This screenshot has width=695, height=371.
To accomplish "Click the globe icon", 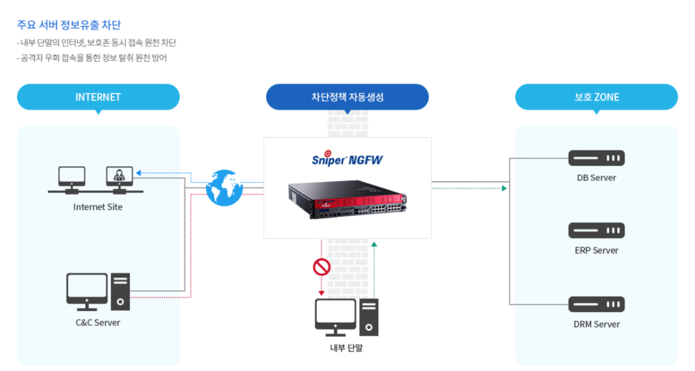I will click(x=224, y=187).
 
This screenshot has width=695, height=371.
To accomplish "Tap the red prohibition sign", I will click(x=321, y=267).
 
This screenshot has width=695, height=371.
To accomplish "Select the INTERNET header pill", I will click(x=98, y=97).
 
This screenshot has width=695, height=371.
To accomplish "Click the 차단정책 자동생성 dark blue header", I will click(x=347, y=97).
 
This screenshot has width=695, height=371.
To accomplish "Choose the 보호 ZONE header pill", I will click(x=597, y=97).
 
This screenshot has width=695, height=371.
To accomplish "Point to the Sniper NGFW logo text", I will click(x=347, y=159).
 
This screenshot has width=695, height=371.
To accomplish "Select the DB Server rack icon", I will click(x=597, y=158).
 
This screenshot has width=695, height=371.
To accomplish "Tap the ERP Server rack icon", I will click(x=597, y=230).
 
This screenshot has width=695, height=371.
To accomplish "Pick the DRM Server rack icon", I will click(x=597, y=304).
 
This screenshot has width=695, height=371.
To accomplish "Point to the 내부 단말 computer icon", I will click(x=346, y=317).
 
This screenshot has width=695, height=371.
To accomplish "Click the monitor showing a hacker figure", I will click(x=119, y=176).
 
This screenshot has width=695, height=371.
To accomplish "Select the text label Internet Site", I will click(x=98, y=207).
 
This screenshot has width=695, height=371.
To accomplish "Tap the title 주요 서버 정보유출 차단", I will click(x=69, y=25).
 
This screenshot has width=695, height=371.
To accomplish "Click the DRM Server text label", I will click(x=597, y=324).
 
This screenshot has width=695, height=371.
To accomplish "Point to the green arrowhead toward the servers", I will click(x=504, y=188).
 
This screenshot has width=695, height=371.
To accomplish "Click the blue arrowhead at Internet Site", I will click(x=138, y=172).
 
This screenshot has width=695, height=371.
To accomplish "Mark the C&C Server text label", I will click(x=98, y=322).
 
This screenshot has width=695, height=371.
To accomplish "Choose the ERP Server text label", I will click(x=597, y=250).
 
